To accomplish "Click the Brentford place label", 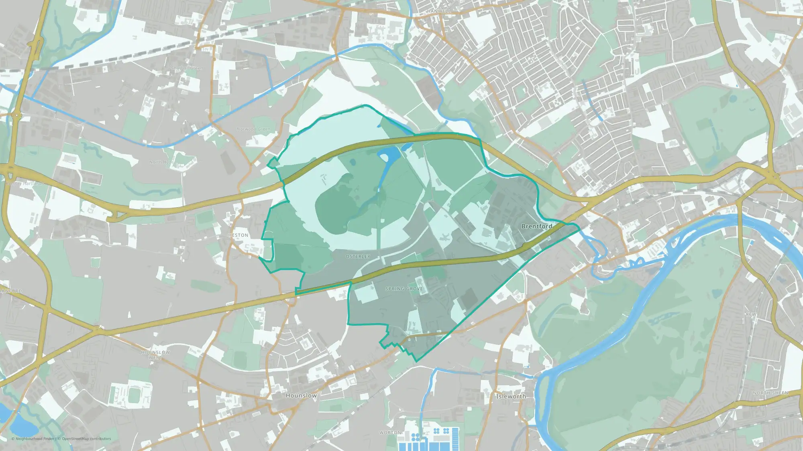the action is click(536, 226).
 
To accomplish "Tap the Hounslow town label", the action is click(301, 395).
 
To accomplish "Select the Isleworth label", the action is click(511, 396).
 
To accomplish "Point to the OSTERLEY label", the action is click(358, 257).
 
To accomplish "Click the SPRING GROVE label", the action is click(404, 289).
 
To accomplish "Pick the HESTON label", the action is click(238, 235).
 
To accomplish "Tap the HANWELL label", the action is click(438, 11).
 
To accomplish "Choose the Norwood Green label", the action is click(253, 129).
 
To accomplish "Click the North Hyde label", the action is click(161, 162).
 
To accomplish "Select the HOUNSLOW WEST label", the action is click(155, 355).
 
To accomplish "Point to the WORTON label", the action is click(390, 433).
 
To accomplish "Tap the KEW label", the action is click(751, 314).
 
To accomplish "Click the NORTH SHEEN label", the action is click(770, 393).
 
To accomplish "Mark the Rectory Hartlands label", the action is click(24, 184).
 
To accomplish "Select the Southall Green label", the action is click(187, 69).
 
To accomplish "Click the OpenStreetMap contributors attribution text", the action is click(86, 439).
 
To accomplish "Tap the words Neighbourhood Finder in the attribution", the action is click(35, 439).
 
